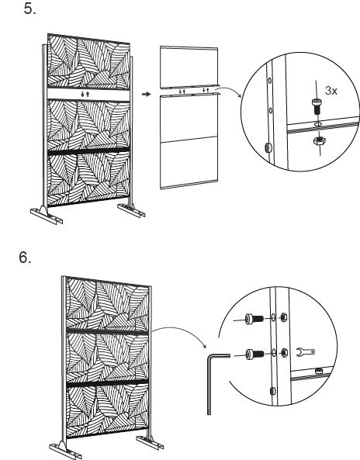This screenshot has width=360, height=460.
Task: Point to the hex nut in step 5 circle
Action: [x=317, y=144]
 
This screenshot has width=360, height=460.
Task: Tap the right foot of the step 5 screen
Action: [x=131, y=211]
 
